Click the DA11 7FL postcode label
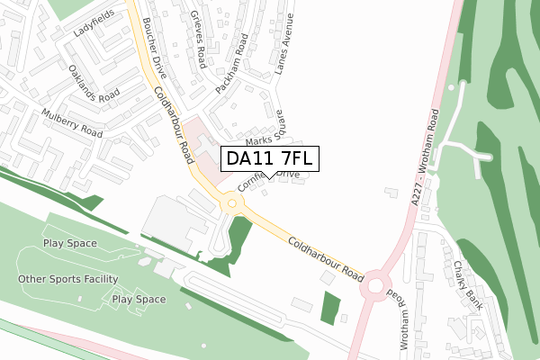[x=270, y=158]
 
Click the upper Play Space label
[x=69, y=244]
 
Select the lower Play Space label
[x=139, y=299]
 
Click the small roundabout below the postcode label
[x=232, y=204]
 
